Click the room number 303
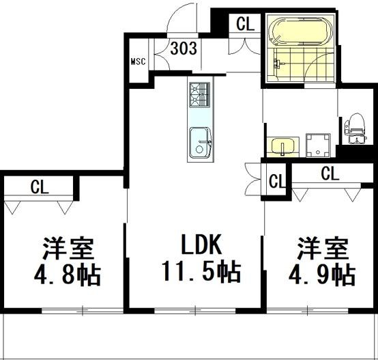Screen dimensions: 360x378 pyautogui.click(x=184, y=49)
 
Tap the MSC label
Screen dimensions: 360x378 pyautogui.click(x=138, y=61)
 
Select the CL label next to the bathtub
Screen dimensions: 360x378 pyautogui.click(x=245, y=24)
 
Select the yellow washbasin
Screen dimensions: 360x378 pyautogui.click(x=282, y=146)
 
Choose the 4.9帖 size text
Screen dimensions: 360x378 pyautogui.click(x=320, y=275)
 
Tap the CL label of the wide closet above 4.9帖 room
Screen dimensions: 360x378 pyautogui.click(x=329, y=174)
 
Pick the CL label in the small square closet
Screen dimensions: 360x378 pyautogui.click(x=276, y=182)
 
